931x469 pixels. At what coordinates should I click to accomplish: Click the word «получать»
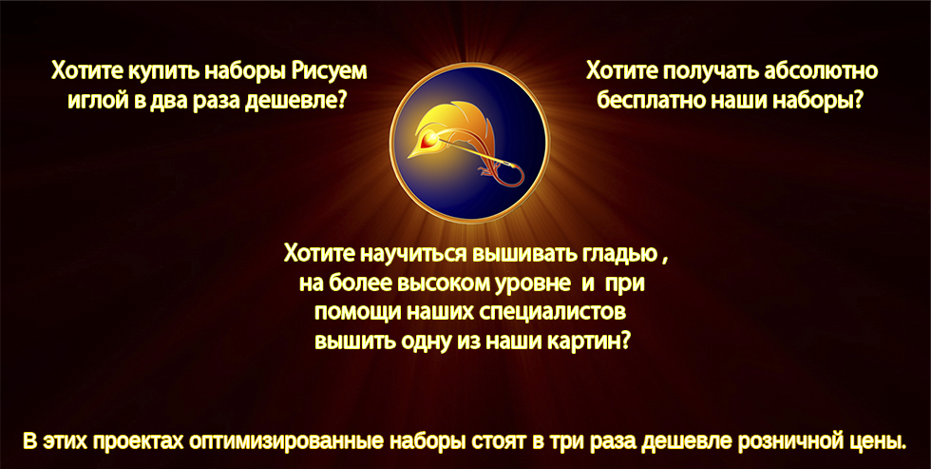709,71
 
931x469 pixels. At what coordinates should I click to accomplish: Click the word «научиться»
413,254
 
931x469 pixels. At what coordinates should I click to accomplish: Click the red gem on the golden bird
428,142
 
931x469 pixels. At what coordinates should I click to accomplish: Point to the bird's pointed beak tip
409,157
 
